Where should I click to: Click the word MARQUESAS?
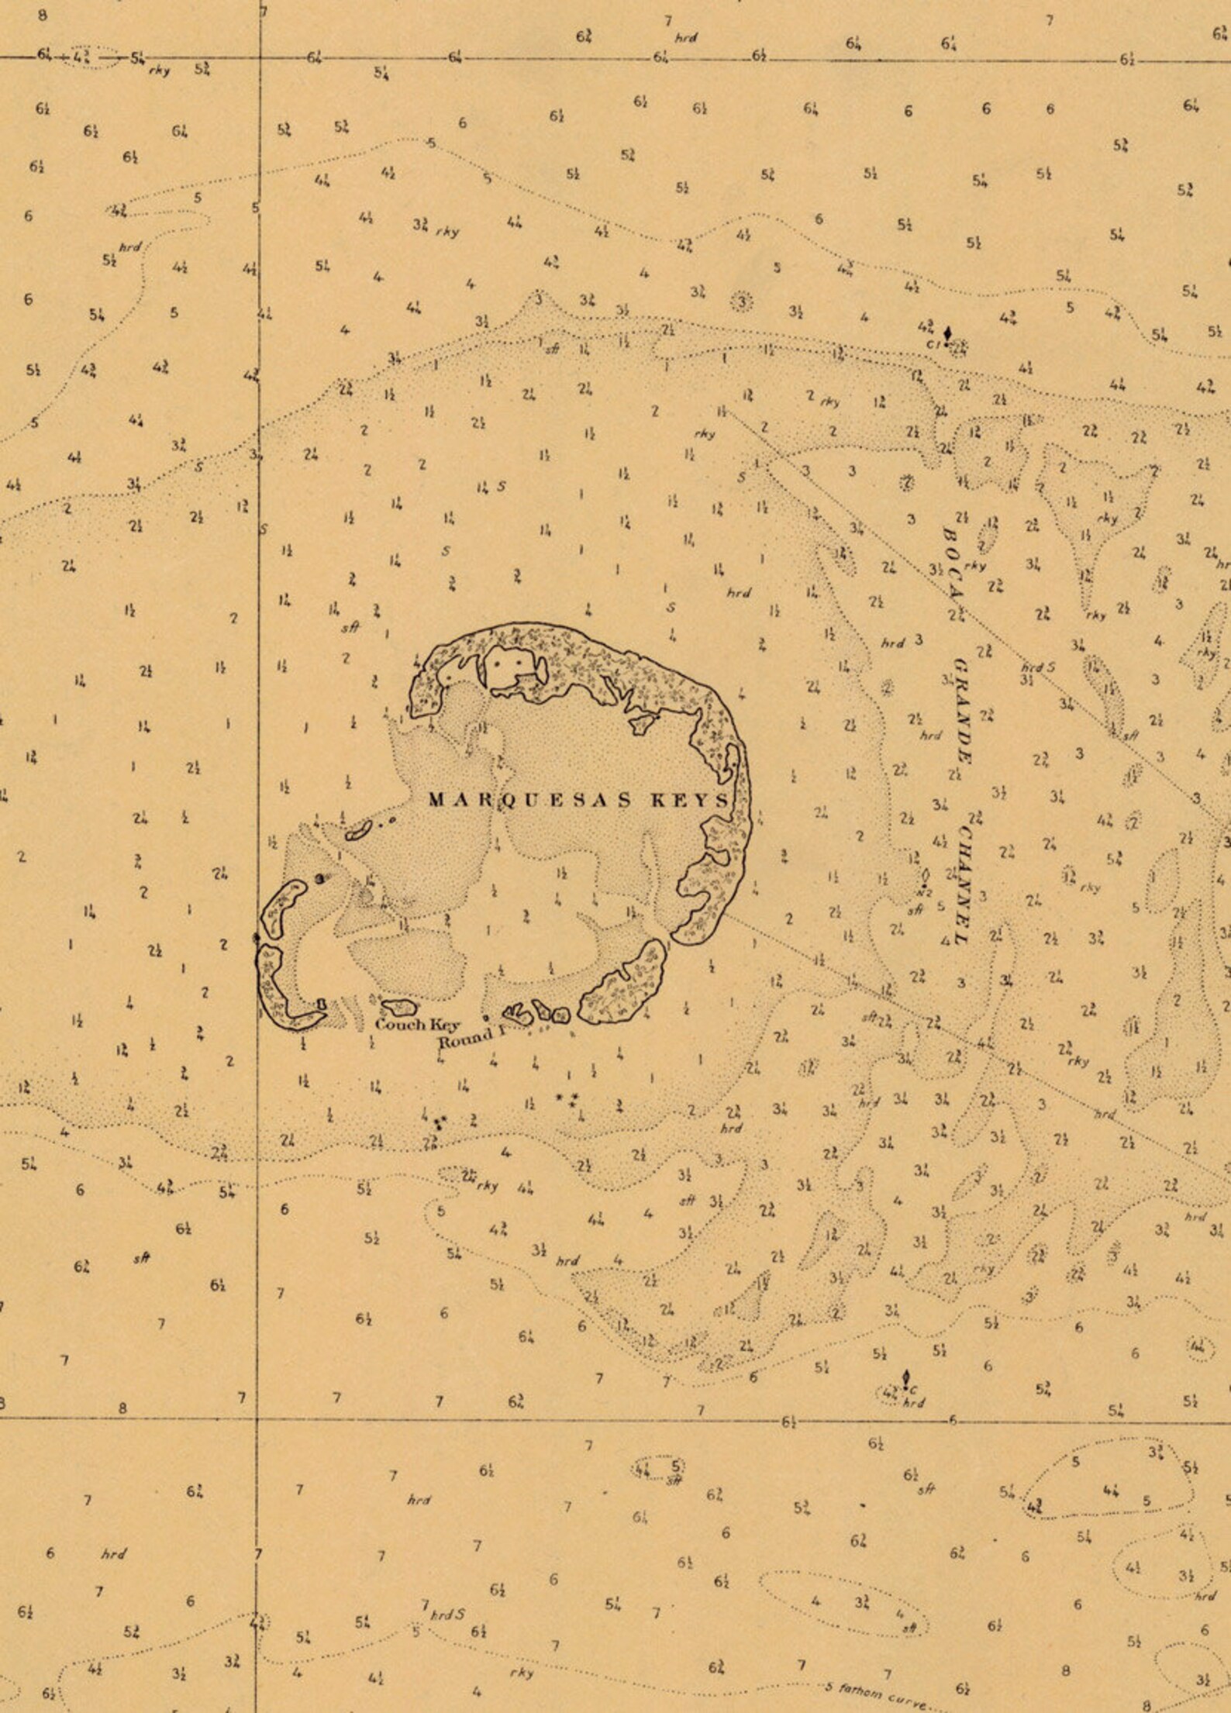(532, 801)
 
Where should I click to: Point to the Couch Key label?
(411, 1025)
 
